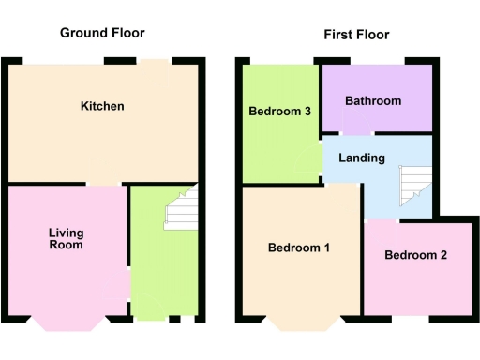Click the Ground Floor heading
click(x=102, y=33)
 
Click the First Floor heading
click(x=356, y=35)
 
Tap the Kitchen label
click(x=102, y=106)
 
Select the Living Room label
click(x=67, y=238)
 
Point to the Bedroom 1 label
click(x=299, y=248)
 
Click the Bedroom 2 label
click(x=415, y=255)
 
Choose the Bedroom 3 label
click(x=279, y=112)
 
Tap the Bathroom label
click(x=373, y=101)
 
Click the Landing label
click(x=362, y=157)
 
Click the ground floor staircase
click(x=182, y=208)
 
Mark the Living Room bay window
click(x=67, y=324)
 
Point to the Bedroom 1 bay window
click(x=300, y=324)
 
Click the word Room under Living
click(x=67, y=245)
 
